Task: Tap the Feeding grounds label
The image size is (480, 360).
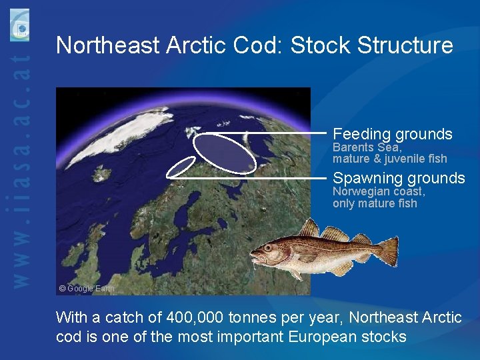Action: coord(392,134)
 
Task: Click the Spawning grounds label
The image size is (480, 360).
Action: coord(399,178)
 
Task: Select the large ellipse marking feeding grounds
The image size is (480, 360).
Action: coord(225,152)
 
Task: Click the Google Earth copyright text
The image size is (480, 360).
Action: coord(87,289)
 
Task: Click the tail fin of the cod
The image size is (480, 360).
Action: coord(387,251)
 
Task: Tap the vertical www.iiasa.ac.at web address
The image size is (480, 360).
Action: coord(22,173)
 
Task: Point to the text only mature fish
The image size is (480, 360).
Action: coord(374,203)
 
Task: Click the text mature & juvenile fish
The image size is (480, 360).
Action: coord(389,159)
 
